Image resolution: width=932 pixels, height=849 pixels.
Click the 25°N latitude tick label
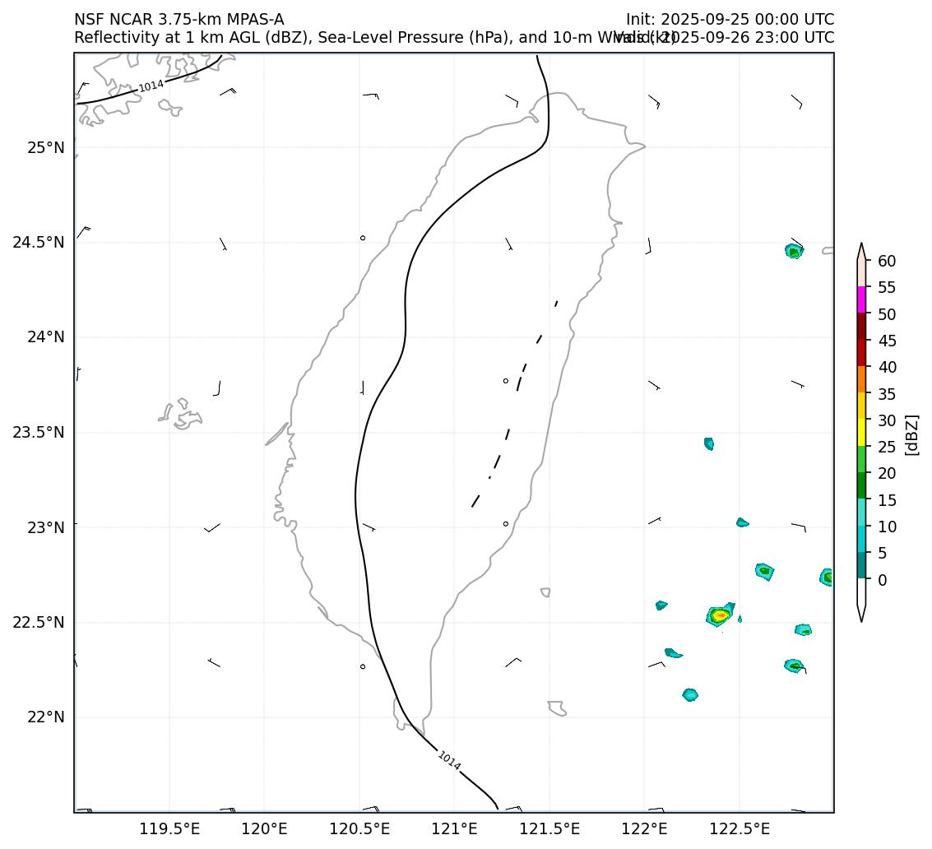[x=46, y=148]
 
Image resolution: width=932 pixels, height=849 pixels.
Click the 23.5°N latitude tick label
[x=38, y=433]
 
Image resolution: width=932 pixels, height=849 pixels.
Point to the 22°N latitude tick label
[x=46, y=717]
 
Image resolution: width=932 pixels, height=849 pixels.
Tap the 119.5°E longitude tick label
[x=169, y=828]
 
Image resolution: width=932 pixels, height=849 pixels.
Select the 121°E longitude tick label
[x=455, y=828]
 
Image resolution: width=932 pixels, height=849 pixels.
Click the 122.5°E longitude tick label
[x=740, y=828]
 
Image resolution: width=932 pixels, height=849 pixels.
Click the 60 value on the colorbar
[x=887, y=261]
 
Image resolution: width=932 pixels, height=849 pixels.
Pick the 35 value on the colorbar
[x=887, y=394]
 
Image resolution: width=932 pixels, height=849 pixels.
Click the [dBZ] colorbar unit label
[x=911, y=434]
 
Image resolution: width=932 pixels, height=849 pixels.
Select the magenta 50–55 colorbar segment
[x=861, y=299]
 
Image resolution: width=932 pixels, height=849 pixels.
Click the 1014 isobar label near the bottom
[x=449, y=761]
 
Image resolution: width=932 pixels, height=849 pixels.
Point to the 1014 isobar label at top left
[x=151, y=86]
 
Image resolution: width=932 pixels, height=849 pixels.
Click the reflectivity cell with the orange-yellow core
[x=720, y=615]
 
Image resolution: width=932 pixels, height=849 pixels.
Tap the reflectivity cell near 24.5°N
[x=793, y=252]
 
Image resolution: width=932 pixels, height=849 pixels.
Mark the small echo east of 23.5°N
[x=709, y=444]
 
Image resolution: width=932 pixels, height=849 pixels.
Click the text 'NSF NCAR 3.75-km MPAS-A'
[x=179, y=19]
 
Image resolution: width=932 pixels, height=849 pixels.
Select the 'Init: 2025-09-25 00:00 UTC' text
[x=730, y=19]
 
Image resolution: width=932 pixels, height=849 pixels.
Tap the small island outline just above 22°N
[x=558, y=707]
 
